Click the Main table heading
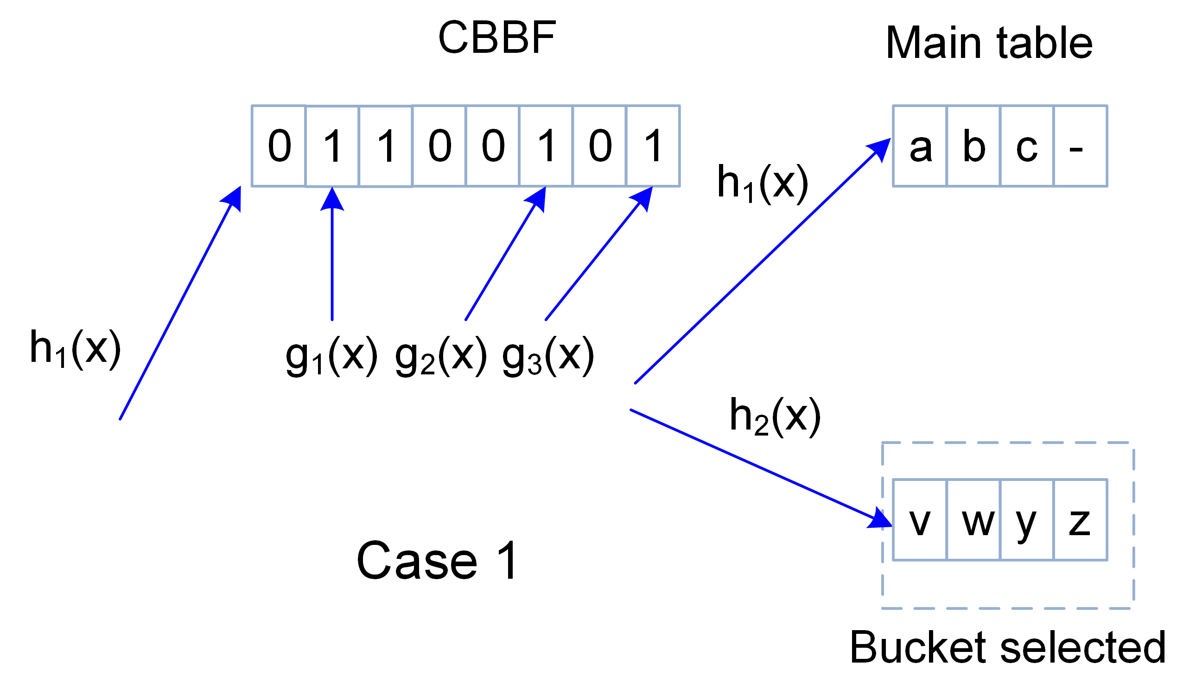click(989, 44)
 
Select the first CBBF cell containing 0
click(279, 146)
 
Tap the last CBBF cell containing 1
click(653, 146)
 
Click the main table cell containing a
click(920, 146)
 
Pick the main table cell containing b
click(973, 146)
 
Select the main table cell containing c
click(1026, 146)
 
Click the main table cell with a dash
click(1080, 146)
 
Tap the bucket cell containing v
click(920, 520)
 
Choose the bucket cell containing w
click(973, 520)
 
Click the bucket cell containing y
click(1026, 520)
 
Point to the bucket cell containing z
click(1080, 520)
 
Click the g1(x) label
click(331, 357)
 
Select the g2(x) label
click(440, 357)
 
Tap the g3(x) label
click(547, 357)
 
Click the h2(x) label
click(775, 417)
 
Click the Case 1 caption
click(437, 561)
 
